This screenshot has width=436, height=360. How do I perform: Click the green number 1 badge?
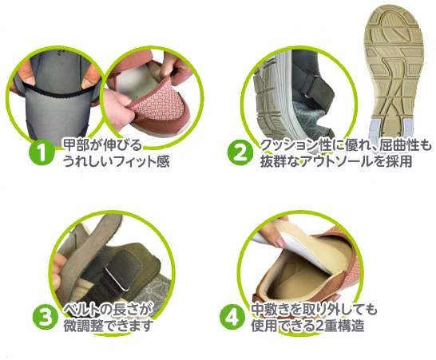(x=42, y=152)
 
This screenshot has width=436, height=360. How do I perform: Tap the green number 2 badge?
(x=240, y=152)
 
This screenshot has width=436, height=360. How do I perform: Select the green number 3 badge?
(x=46, y=318)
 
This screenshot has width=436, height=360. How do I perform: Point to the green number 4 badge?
(x=232, y=317)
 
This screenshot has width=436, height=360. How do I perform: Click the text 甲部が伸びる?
(x=103, y=145)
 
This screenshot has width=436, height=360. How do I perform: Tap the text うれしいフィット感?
(x=117, y=161)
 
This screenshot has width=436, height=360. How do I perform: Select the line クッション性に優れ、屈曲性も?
(x=346, y=145)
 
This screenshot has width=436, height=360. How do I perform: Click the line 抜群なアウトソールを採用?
(x=336, y=161)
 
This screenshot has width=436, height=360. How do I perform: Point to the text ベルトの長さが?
(x=109, y=311)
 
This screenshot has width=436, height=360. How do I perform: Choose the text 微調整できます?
(x=109, y=326)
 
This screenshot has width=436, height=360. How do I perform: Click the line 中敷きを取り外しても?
(x=314, y=310)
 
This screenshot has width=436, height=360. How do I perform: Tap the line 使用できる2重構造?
(x=307, y=325)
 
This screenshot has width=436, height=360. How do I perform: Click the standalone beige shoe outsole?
(x=394, y=69)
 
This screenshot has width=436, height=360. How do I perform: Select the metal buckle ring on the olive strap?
(x=117, y=280)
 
